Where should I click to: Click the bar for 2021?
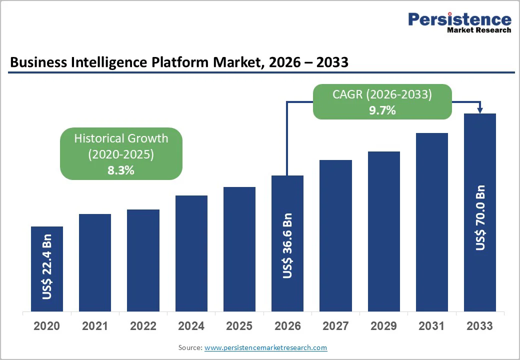[95, 262]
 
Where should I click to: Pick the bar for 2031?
[432, 222]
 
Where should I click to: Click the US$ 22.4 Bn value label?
[47, 266]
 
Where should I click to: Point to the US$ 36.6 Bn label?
[287, 245]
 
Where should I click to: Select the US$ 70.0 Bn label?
[480, 217]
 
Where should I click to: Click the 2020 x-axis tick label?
[47, 326]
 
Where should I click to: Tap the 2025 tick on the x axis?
[239, 326]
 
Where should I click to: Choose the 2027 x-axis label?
[335, 326]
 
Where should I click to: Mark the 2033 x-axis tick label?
[480, 326]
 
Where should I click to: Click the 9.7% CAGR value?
[382, 110]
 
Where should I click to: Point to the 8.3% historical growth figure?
[121, 170]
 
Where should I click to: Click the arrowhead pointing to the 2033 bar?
[480, 110]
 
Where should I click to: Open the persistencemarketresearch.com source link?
[266, 347]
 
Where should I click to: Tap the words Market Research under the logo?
[479, 30]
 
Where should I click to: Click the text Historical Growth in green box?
[121, 138]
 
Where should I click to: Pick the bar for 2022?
[143, 260]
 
